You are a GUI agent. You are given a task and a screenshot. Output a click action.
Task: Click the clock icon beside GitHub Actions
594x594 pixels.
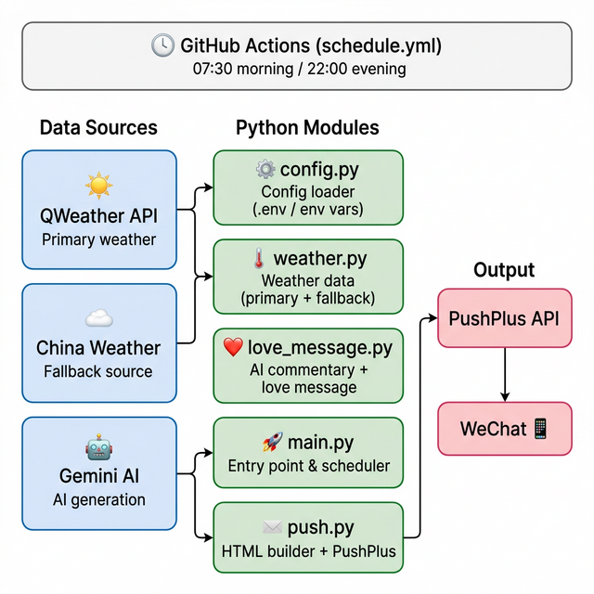pos(162,45)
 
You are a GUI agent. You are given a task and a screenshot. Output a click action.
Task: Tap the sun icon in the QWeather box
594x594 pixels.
pos(98,187)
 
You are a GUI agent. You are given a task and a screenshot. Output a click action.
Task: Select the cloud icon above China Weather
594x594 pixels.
pos(98,319)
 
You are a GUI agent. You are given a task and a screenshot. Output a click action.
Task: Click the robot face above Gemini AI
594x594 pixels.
pos(98,449)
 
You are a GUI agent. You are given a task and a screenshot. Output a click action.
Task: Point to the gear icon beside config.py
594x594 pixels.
pos(265,169)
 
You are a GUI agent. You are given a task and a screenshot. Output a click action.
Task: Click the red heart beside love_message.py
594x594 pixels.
pos(234,348)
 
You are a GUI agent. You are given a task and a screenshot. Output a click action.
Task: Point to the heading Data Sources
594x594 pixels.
pos(98,128)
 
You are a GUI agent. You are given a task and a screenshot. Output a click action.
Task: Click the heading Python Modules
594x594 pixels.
pos(307,128)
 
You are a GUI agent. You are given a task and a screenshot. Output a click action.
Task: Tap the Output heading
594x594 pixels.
pos(504,270)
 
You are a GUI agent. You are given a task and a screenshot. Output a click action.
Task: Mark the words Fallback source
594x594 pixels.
pos(98,371)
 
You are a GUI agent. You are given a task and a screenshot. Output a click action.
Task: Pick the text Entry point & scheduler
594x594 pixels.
pos(309,466)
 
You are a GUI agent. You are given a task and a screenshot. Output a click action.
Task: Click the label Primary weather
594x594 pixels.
pos(98,239)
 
